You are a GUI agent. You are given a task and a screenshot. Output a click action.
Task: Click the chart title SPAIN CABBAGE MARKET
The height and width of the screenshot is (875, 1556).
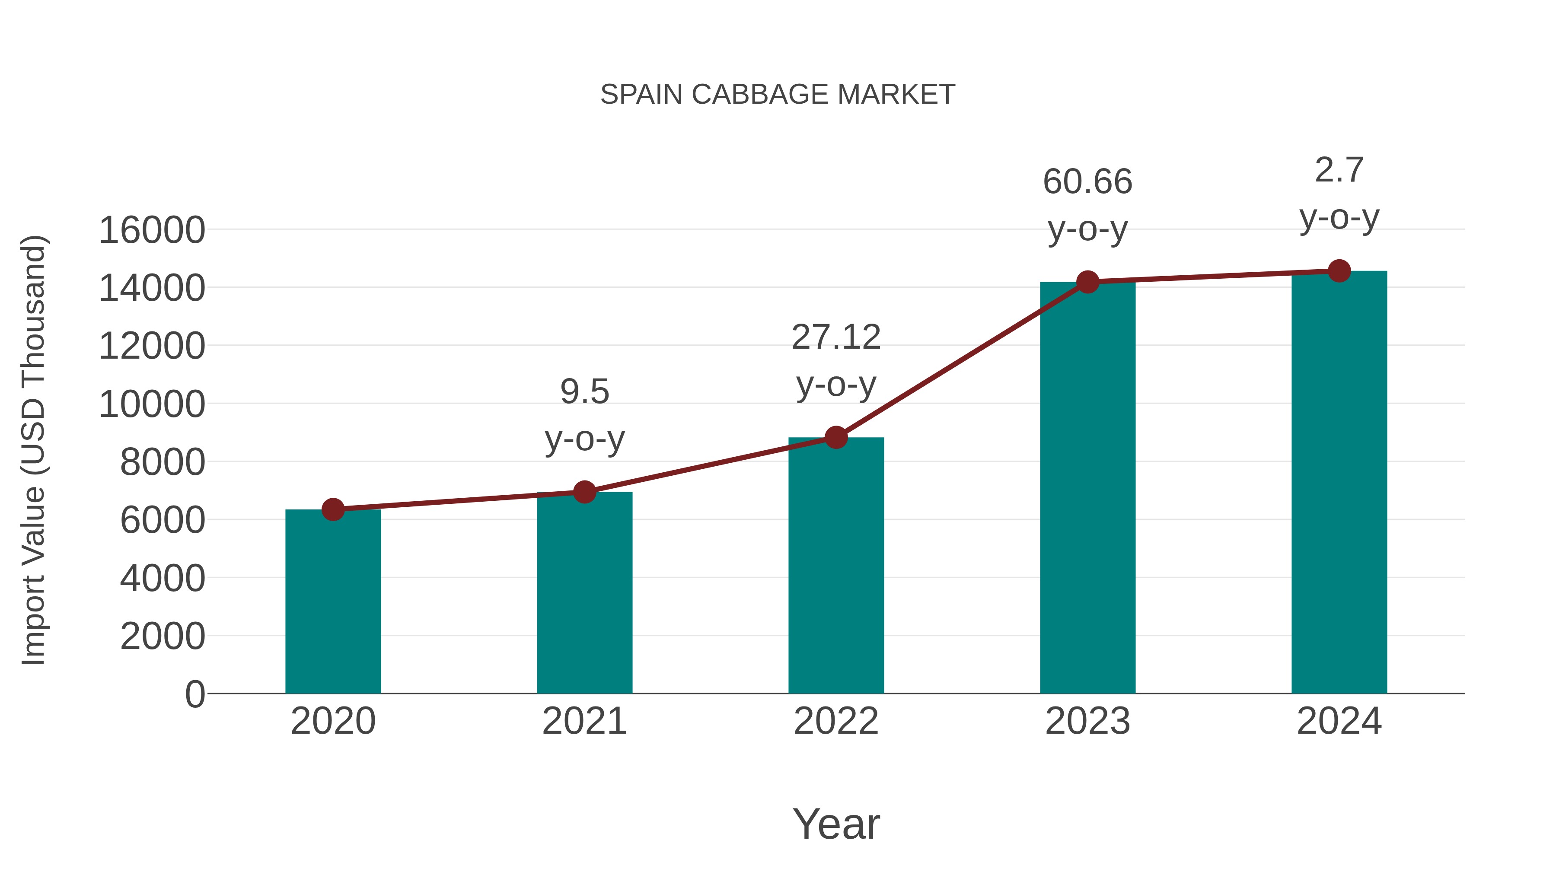point(778,95)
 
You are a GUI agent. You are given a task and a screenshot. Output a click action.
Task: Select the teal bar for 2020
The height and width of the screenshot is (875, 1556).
point(333,604)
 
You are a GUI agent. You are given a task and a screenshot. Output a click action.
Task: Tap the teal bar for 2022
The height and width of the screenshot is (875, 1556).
point(836,568)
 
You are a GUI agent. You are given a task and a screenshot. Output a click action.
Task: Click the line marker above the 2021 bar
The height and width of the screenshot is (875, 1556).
point(584,492)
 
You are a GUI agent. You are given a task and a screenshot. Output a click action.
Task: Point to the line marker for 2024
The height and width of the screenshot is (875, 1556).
point(1339,270)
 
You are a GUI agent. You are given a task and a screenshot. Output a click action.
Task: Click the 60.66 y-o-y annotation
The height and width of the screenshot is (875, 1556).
point(1087,205)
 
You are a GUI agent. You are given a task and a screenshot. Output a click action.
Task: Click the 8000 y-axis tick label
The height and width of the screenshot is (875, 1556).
point(163,462)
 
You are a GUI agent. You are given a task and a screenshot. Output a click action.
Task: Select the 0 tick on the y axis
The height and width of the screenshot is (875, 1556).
point(194,694)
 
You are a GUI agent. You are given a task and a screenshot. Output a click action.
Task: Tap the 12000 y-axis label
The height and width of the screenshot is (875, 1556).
point(152,347)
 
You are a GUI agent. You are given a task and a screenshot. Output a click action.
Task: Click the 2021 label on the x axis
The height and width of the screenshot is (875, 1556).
point(584,721)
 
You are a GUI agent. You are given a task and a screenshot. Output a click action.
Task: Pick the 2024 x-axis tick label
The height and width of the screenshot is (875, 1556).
point(1339,721)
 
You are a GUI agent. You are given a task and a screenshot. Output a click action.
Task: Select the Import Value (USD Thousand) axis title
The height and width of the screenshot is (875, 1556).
point(34,451)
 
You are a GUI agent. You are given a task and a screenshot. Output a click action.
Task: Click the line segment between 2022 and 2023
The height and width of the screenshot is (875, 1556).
point(962,360)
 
